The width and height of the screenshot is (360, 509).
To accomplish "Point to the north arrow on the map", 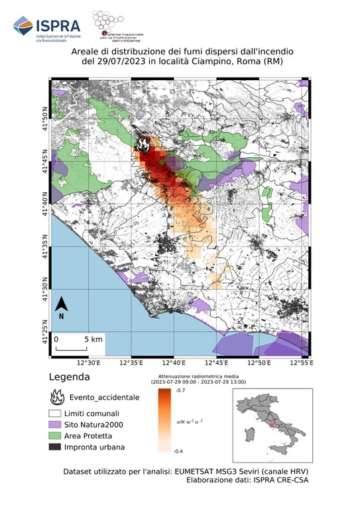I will [61, 306].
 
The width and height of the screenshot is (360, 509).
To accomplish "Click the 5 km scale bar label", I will [93, 339].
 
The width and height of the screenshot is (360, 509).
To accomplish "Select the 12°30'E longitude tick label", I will [89, 363].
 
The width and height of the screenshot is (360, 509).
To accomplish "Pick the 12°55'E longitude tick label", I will [301, 363].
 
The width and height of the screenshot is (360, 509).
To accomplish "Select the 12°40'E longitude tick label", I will [174, 363].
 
